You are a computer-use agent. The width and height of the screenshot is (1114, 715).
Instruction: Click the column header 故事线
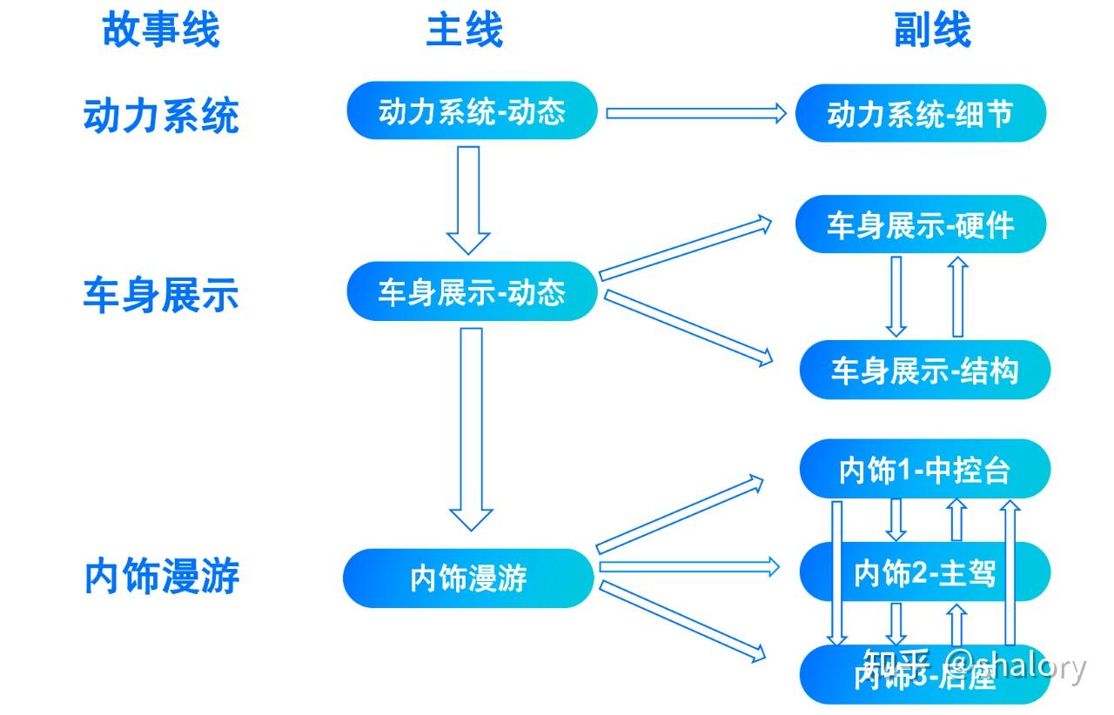pos(161,30)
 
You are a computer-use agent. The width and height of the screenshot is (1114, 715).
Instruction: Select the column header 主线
pos(464,30)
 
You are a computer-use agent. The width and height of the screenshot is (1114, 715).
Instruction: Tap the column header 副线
pos(932,30)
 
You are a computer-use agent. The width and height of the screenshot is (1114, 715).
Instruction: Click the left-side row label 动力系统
pos(161,116)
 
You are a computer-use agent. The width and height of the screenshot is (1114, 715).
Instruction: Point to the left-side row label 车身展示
pos(161,295)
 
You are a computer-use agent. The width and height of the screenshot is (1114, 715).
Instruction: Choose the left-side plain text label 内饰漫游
pos(162,577)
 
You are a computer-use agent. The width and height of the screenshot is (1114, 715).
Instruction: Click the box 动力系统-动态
pos(472,111)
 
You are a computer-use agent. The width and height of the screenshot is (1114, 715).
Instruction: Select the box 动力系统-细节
pos(920,114)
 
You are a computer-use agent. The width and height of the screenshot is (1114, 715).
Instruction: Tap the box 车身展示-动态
pos(472,292)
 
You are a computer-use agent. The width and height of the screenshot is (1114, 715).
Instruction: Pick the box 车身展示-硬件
pos(920,225)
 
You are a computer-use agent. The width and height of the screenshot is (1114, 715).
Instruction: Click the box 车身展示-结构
pos(924,371)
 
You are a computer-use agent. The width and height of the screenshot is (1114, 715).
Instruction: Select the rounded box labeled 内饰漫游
pos(468,578)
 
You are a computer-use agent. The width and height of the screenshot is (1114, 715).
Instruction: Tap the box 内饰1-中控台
pos(924,470)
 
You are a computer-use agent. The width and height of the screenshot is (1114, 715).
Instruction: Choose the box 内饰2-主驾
pos(924,572)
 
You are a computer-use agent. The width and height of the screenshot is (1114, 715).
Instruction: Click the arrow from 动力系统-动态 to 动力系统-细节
pos(696,113)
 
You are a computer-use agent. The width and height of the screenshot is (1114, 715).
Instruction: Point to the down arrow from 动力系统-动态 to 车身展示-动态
pos(468,198)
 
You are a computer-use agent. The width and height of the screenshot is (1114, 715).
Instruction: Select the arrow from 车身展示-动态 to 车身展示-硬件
pos(686,249)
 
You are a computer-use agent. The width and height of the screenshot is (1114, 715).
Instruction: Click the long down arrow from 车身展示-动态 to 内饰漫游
pos(471,426)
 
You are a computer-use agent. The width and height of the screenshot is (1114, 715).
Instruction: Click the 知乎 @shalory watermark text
pos(975,668)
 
